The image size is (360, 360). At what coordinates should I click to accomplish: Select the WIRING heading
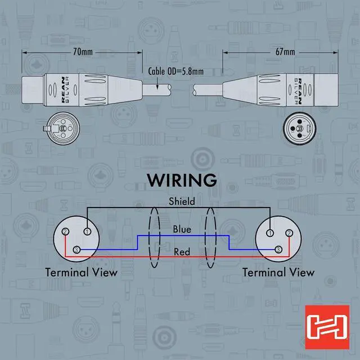click(181, 180)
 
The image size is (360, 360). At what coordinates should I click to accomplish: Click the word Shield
click(182, 201)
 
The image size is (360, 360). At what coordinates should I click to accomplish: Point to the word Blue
click(182, 229)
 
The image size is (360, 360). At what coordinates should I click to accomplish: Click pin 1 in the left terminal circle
click(87, 231)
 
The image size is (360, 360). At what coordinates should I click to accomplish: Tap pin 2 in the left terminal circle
click(66, 232)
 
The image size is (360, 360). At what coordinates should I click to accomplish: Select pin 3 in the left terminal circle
click(77, 250)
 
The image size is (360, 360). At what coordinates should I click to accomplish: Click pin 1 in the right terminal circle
click(271, 231)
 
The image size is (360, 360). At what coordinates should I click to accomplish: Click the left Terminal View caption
click(82, 273)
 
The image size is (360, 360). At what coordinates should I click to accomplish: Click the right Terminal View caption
click(278, 273)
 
